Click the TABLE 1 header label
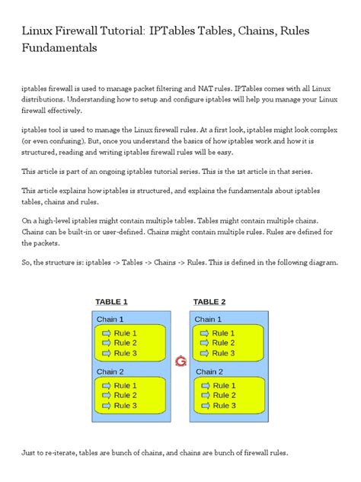[111, 301]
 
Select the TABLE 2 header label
[209, 301]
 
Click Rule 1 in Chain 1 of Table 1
[125, 333]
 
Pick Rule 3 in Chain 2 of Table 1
[125, 405]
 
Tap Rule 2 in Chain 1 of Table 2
[223, 343]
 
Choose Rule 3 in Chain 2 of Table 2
[223, 405]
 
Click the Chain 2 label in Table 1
[110, 371]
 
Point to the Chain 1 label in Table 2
[209, 320]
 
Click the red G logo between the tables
[180, 361]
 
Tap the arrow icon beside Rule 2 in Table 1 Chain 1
[106, 343]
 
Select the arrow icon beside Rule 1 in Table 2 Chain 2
[204, 385]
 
